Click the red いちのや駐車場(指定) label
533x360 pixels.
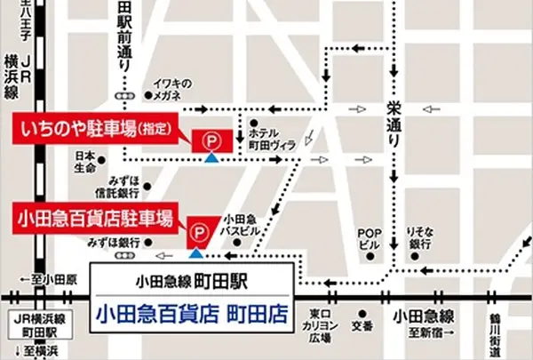pos(99,127)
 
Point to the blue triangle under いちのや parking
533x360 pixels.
pos(211,158)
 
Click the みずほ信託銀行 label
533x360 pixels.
pos(118,187)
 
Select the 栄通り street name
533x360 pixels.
pos(394,124)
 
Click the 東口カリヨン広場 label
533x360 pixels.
pos(321,326)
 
